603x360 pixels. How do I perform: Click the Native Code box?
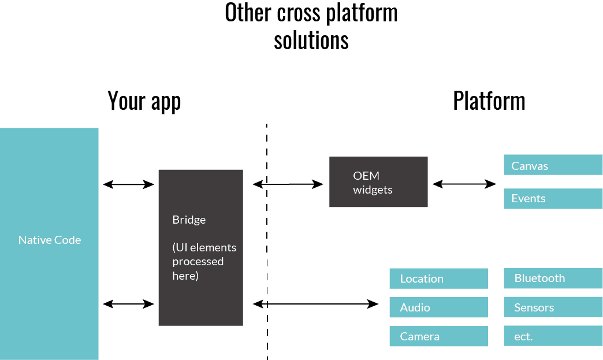(x=49, y=243)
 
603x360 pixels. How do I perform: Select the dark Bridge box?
(x=200, y=247)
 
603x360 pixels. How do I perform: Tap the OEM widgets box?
(x=378, y=182)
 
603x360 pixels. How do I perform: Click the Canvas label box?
(x=553, y=166)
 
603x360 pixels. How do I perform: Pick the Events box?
(x=553, y=199)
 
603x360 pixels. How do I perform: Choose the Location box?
(x=438, y=279)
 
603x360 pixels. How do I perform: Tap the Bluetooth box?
(x=553, y=279)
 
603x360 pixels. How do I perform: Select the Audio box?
(x=438, y=307)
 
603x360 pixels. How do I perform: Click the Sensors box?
(x=553, y=307)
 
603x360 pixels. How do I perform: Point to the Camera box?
(x=438, y=336)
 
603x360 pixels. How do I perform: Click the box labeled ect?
(x=553, y=336)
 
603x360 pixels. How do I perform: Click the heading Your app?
(x=144, y=101)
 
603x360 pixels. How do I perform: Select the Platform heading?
(x=489, y=101)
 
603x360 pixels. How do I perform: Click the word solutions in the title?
(x=311, y=40)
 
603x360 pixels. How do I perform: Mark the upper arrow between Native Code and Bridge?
(x=128, y=184)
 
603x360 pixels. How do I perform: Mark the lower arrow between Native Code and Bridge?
(x=128, y=303)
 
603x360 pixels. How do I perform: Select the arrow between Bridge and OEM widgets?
(x=288, y=184)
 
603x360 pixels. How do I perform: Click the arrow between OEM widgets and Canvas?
(x=464, y=184)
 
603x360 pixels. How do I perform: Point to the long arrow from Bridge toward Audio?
(x=316, y=303)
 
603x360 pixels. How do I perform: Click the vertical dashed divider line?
(x=267, y=243)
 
